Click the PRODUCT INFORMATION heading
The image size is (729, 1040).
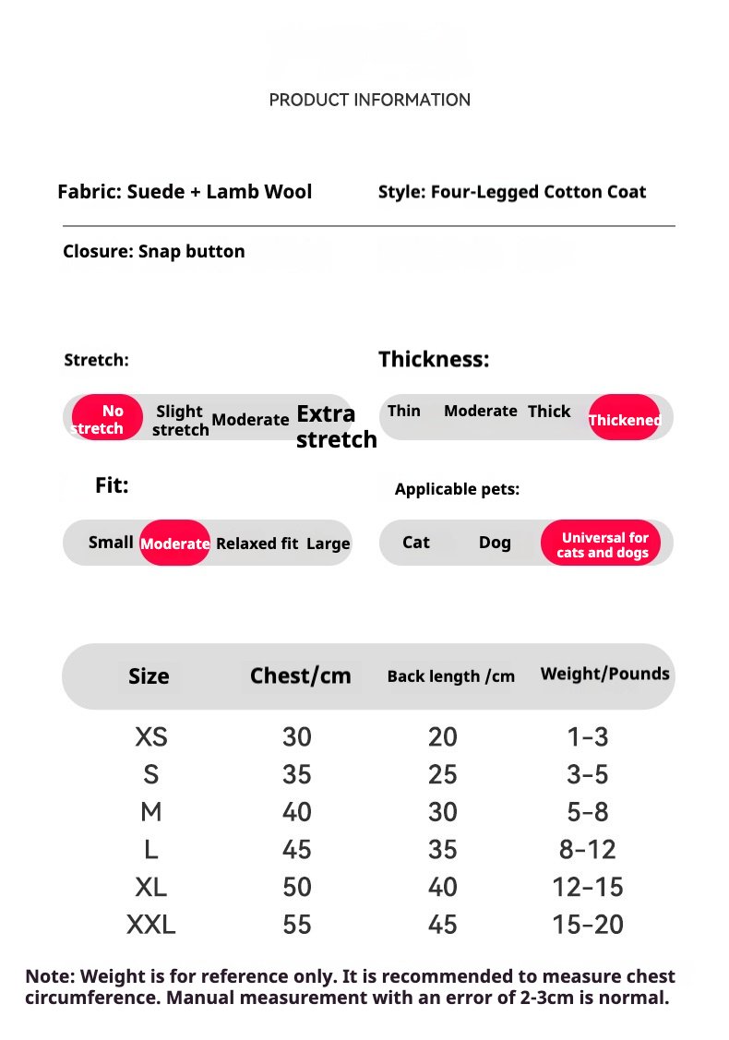(369, 100)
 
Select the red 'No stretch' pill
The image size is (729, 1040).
(107, 418)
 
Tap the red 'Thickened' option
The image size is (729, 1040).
(624, 418)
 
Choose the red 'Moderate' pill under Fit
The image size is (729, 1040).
(174, 543)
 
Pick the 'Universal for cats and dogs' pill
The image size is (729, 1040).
(602, 544)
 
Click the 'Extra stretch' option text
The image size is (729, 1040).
(335, 426)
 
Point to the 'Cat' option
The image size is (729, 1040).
(416, 543)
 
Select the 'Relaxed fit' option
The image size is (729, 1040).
(257, 544)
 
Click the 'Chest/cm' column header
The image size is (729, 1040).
(300, 675)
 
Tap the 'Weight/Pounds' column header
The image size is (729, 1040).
(604, 674)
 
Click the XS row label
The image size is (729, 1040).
(151, 736)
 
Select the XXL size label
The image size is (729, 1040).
(151, 924)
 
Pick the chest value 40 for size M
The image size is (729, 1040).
(297, 812)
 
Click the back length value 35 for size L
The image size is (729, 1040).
(443, 849)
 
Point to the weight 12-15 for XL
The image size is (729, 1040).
(588, 887)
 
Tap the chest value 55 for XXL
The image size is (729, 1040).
(297, 924)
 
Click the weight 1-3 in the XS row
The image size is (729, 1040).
(588, 736)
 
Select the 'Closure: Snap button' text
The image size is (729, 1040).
(154, 251)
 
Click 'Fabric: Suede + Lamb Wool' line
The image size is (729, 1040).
(185, 192)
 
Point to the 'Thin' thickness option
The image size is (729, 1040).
(404, 411)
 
